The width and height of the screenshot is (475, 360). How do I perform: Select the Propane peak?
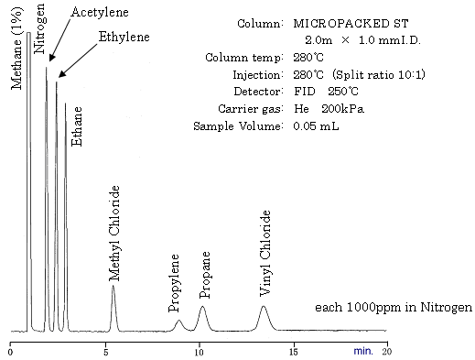[x=203, y=311]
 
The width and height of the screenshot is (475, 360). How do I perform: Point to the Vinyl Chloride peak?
[x=264, y=311]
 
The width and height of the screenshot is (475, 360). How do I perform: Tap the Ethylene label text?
[x=124, y=38]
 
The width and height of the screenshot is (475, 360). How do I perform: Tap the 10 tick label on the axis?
[x=200, y=350]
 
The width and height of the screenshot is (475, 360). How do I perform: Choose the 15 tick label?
[x=294, y=350]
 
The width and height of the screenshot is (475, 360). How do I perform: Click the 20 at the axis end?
[x=387, y=350]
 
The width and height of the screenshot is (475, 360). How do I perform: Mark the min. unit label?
[x=363, y=350]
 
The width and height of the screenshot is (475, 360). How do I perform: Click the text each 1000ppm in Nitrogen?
[x=394, y=307]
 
